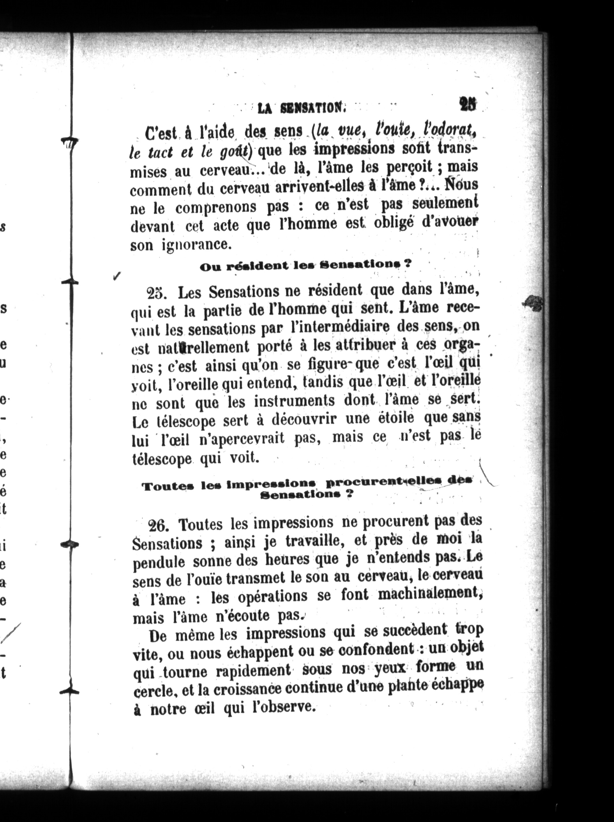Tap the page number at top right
click(x=468, y=104)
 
